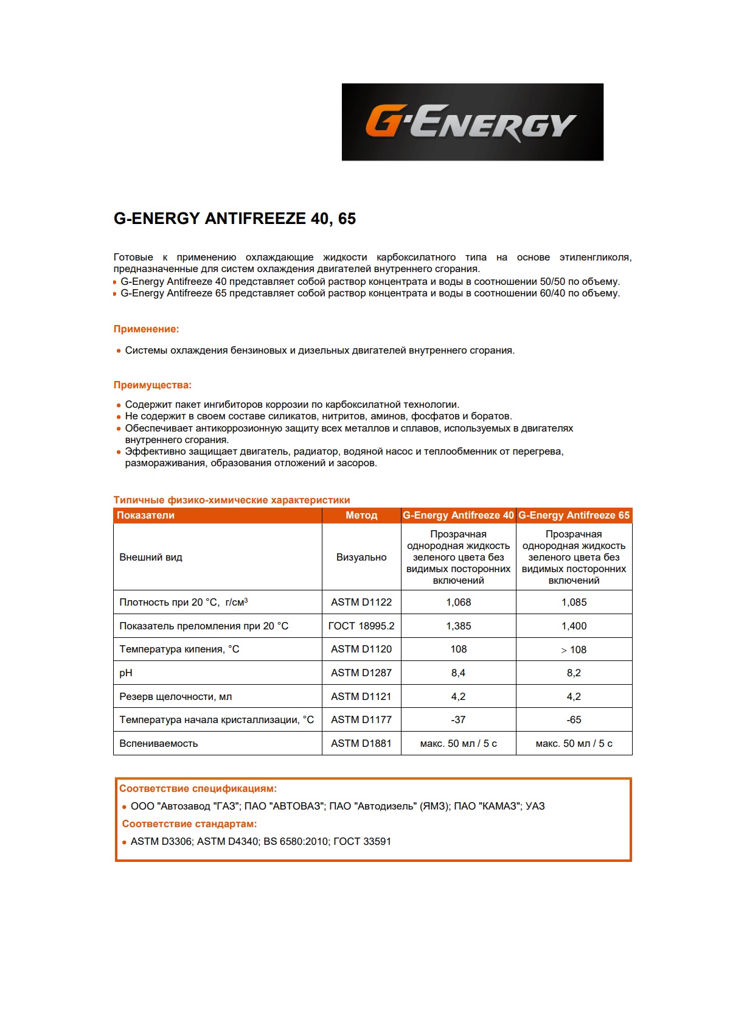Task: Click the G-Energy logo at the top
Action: (x=472, y=122)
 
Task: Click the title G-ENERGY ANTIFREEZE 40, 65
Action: (x=234, y=219)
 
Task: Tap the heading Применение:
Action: (x=146, y=329)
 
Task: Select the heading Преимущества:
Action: (x=152, y=385)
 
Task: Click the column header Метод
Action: (x=361, y=516)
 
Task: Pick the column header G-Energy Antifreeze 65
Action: (x=574, y=516)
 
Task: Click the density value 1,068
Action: (x=458, y=603)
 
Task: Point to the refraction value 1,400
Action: (x=574, y=626)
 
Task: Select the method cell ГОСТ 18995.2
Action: (x=361, y=626)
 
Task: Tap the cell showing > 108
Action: (x=574, y=650)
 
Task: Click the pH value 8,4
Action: (x=458, y=673)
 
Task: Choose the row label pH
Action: (x=126, y=673)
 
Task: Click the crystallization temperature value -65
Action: (x=574, y=720)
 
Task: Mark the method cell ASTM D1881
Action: (x=361, y=744)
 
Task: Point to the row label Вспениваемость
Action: (x=158, y=744)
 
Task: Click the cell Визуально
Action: (x=361, y=558)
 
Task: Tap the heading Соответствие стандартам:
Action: (x=189, y=824)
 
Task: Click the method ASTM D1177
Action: (x=361, y=720)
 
